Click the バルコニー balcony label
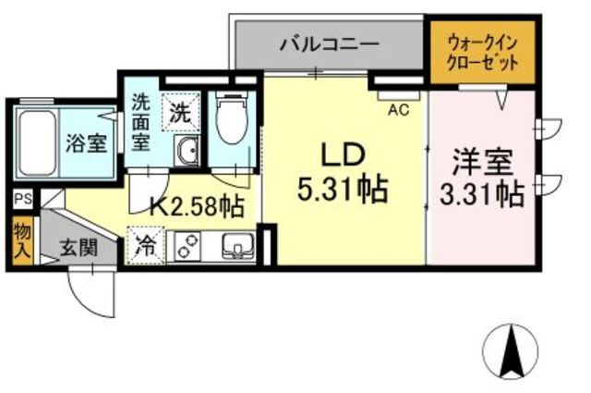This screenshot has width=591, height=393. [329, 43]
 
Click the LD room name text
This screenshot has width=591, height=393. [343, 154]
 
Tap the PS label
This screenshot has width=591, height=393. [21, 199]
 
